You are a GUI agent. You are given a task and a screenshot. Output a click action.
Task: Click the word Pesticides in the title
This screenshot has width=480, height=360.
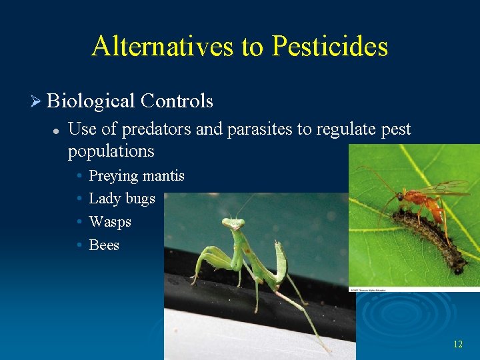[329, 46]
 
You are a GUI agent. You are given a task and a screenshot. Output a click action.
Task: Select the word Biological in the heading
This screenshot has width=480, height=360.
[91, 101]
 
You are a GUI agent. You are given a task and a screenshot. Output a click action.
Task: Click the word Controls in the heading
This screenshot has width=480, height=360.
[177, 101]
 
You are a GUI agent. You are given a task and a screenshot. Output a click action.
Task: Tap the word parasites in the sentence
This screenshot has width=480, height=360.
[260, 129]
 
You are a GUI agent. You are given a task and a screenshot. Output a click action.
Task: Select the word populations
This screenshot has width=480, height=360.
[111, 151]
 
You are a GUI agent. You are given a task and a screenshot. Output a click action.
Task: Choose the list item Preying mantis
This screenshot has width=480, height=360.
[136, 176]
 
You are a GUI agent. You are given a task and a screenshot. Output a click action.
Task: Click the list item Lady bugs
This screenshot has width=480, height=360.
[121, 199]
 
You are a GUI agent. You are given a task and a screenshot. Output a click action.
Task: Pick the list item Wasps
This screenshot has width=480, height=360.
[110, 221]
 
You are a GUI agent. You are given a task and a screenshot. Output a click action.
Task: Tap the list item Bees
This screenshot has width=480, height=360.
[104, 245]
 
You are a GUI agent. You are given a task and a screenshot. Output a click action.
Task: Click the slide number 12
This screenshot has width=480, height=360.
[457, 344]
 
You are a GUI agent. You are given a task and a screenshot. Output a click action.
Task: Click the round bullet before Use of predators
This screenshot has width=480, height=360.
[57, 129]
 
